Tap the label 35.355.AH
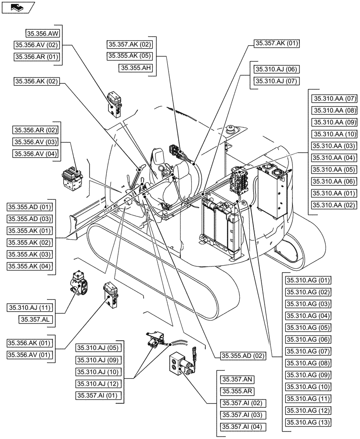136,68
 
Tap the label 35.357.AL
36,320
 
